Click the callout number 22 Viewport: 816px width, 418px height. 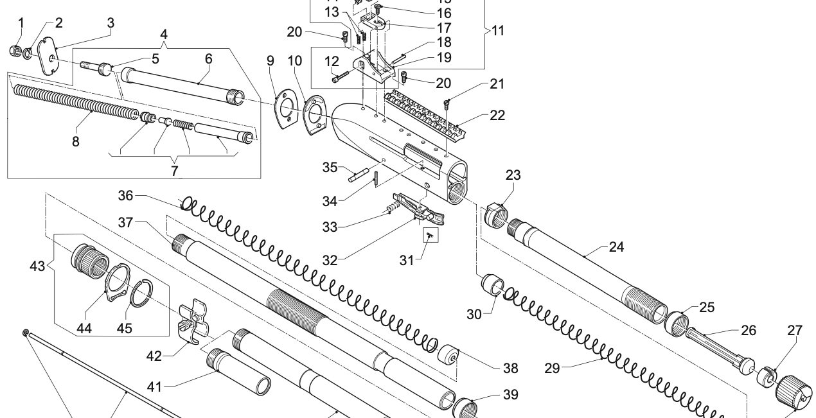(497, 116)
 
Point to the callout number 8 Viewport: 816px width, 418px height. (76, 141)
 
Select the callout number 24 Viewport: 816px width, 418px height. (617, 247)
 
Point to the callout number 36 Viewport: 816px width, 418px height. (126, 195)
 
